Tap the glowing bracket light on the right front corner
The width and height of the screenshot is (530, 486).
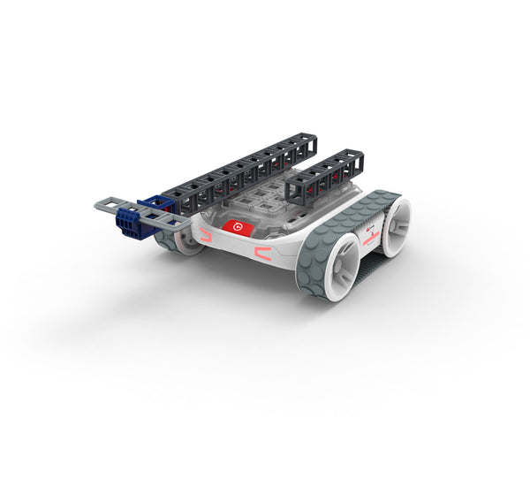click(264, 254)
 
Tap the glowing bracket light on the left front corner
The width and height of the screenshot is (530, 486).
click(206, 235)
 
